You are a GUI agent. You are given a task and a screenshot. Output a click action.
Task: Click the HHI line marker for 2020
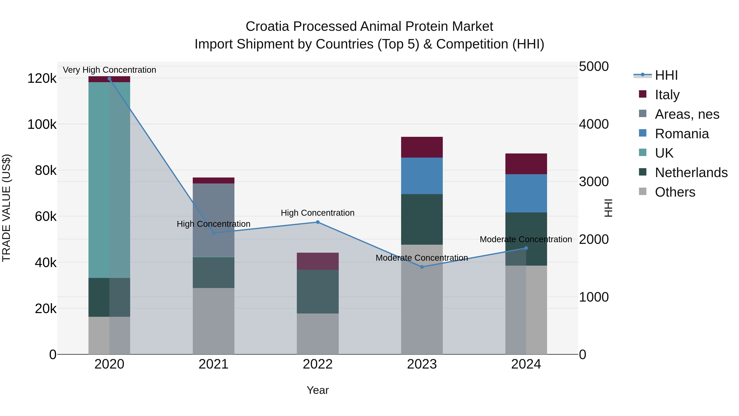(109, 79)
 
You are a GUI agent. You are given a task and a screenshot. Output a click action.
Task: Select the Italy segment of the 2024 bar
(526, 164)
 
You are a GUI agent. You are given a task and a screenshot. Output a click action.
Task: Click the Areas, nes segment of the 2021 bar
(213, 220)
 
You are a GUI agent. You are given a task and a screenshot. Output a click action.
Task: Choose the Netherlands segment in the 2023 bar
(422, 219)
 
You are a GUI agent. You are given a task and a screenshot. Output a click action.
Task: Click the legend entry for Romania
(682, 134)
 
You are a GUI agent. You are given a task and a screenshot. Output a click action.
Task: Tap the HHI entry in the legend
(666, 75)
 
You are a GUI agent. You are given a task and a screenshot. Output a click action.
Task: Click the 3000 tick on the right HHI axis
(593, 182)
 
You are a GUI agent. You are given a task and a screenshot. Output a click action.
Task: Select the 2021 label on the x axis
(213, 364)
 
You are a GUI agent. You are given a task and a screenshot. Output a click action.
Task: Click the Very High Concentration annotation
(109, 70)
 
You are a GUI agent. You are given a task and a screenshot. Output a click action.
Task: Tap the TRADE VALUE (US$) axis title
(6, 208)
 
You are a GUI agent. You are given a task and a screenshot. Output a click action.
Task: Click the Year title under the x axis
(318, 390)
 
